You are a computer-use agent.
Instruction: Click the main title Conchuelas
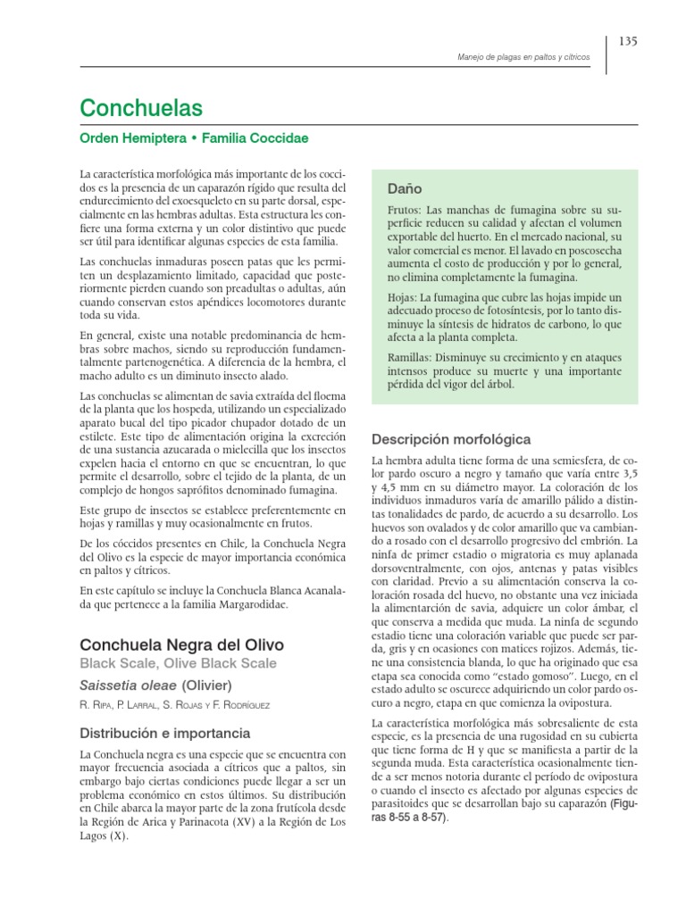141,109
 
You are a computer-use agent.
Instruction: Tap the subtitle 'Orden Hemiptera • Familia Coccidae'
194,139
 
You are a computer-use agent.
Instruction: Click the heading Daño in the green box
405,190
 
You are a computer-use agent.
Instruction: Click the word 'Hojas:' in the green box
404,296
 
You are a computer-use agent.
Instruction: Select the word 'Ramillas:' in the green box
411,357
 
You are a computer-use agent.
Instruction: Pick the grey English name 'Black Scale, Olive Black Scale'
178,663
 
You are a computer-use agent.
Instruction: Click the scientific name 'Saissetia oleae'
128,685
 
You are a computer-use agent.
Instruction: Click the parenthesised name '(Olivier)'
207,685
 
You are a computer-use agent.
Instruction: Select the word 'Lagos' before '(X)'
94,836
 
